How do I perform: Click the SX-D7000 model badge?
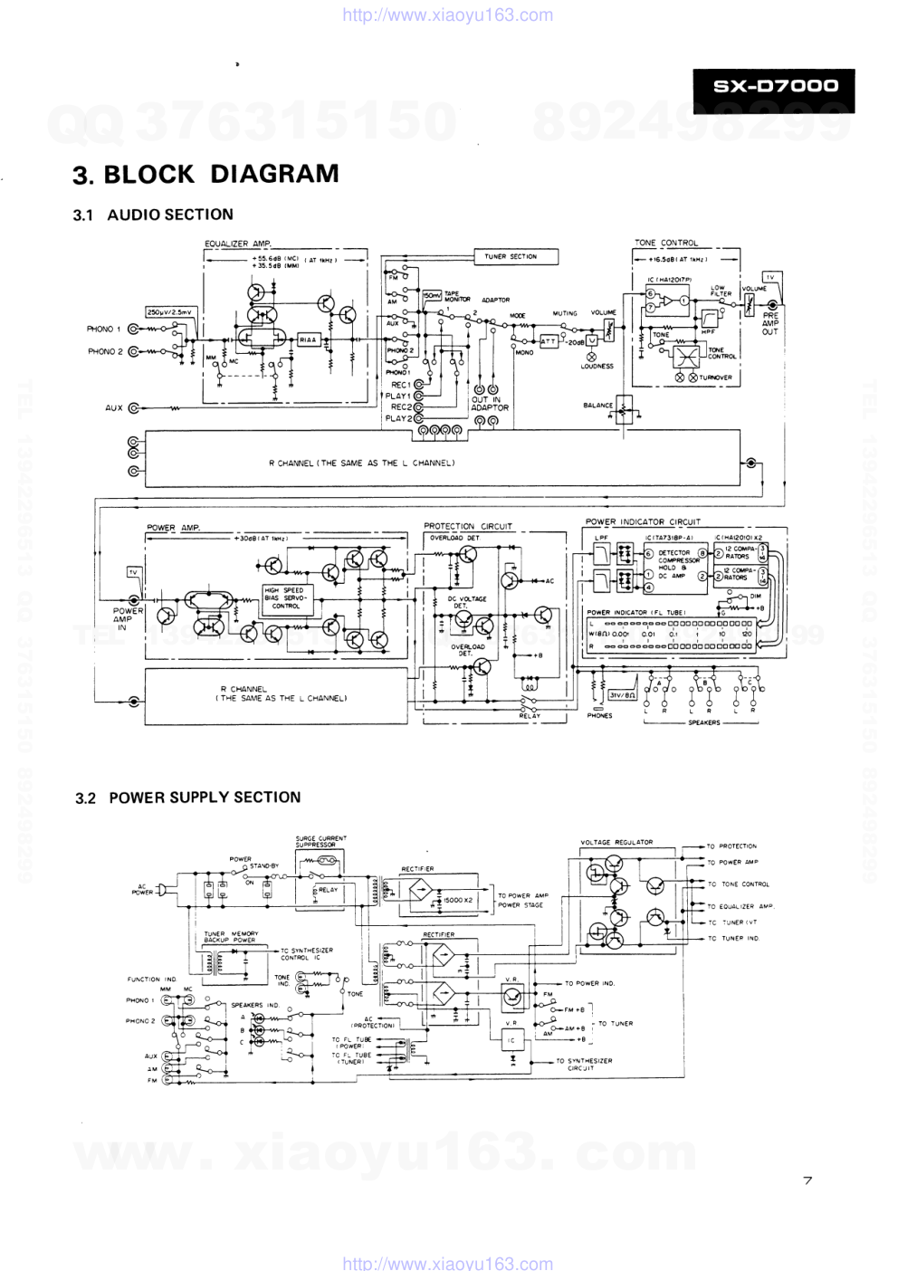click(774, 88)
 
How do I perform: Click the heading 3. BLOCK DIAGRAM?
click(206, 174)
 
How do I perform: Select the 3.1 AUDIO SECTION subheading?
click(154, 215)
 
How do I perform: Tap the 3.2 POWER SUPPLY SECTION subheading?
click(188, 798)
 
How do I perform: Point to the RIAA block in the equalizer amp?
click(309, 340)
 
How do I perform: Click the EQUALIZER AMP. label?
click(238, 244)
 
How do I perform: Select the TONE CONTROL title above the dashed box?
click(666, 243)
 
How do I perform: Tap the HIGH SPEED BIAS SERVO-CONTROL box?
click(287, 598)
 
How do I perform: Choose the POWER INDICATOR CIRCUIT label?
click(643, 521)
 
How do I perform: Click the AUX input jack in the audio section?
click(134, 408)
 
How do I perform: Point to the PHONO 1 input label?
click(103, 330)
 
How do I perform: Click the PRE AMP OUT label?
click(769, 323)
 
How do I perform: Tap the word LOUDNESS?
click(597, 367)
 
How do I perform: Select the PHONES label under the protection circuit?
click(599, 715)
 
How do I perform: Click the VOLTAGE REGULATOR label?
click(616, 842)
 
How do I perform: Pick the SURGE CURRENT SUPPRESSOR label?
click(320, 841)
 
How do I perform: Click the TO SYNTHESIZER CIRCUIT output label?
click(584, 1064)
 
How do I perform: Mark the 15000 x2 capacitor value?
click(457, 900)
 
